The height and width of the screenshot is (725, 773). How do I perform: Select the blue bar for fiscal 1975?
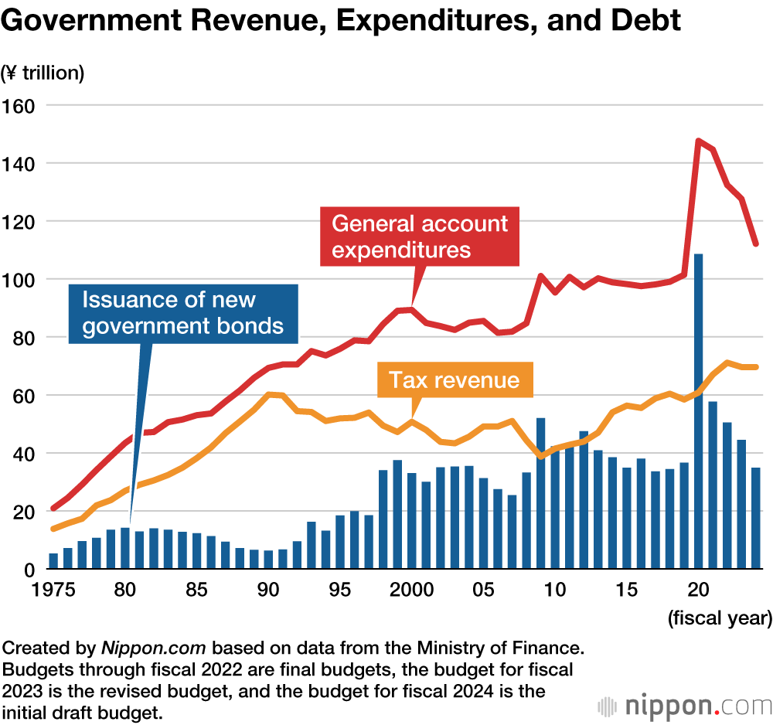53,561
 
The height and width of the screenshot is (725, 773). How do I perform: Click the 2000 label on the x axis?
411,590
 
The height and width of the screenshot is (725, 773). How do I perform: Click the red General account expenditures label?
420,237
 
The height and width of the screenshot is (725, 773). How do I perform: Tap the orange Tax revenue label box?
454,380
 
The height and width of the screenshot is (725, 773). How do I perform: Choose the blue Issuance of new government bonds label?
182,312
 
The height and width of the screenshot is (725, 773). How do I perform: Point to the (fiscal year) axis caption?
719,618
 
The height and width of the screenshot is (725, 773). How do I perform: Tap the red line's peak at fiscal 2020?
698,141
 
